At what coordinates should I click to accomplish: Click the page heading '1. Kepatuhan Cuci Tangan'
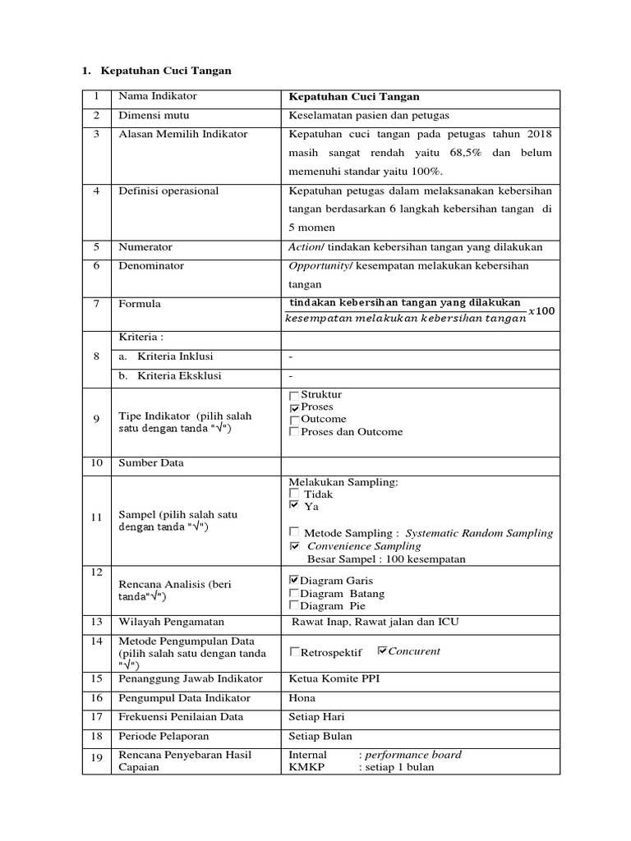point(156,71)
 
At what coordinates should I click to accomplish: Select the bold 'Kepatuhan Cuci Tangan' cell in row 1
point(354,97)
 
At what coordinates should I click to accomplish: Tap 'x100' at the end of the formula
point(541,310)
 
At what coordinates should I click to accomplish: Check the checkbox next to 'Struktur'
point(294,396)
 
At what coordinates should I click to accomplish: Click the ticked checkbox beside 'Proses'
point(294,408)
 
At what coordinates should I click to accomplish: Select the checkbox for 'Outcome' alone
point(294,420)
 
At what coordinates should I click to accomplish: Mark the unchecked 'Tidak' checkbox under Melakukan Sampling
point(294,494)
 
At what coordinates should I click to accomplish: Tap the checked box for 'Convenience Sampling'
point(294,545)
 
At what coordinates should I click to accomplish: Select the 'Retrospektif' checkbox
point(294,652)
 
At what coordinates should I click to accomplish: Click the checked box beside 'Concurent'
point(381,650)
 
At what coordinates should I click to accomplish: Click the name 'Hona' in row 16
point(302,698)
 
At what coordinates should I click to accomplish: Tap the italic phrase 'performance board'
point(413,754)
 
